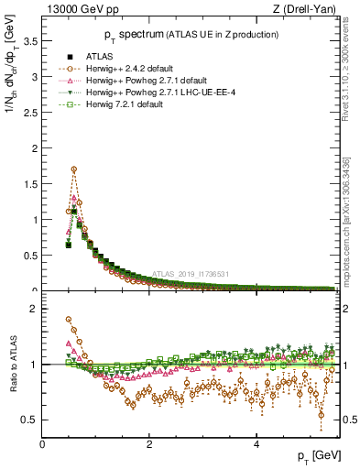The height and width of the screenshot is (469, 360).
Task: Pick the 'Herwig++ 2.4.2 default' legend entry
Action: click(136, 68)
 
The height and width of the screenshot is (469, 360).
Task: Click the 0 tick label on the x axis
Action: click(42, 446)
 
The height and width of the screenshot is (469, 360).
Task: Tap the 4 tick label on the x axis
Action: click(256, 446)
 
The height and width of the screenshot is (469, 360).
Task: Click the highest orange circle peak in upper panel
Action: click(74, 169)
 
